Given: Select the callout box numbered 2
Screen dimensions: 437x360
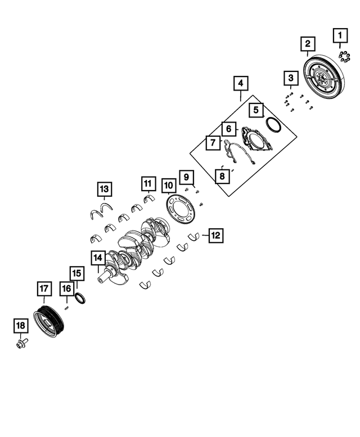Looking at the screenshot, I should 308,43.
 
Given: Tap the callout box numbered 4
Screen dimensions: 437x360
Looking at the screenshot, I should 240,84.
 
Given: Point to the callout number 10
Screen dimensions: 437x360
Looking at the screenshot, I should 168,185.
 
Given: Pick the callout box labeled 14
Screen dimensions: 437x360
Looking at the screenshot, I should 98,258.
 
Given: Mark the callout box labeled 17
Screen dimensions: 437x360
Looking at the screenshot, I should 44,290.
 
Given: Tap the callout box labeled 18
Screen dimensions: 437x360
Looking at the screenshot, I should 20,326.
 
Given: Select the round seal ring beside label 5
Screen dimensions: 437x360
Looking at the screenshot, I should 273,124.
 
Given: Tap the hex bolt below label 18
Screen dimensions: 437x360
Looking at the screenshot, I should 22,342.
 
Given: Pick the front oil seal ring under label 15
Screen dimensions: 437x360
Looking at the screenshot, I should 81,298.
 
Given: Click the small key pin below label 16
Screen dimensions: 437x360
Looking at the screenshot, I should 67,307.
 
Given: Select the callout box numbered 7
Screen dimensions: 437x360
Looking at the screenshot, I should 213,143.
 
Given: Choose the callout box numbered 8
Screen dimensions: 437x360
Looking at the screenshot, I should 222,177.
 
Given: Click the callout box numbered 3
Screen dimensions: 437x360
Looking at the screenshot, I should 290,78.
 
